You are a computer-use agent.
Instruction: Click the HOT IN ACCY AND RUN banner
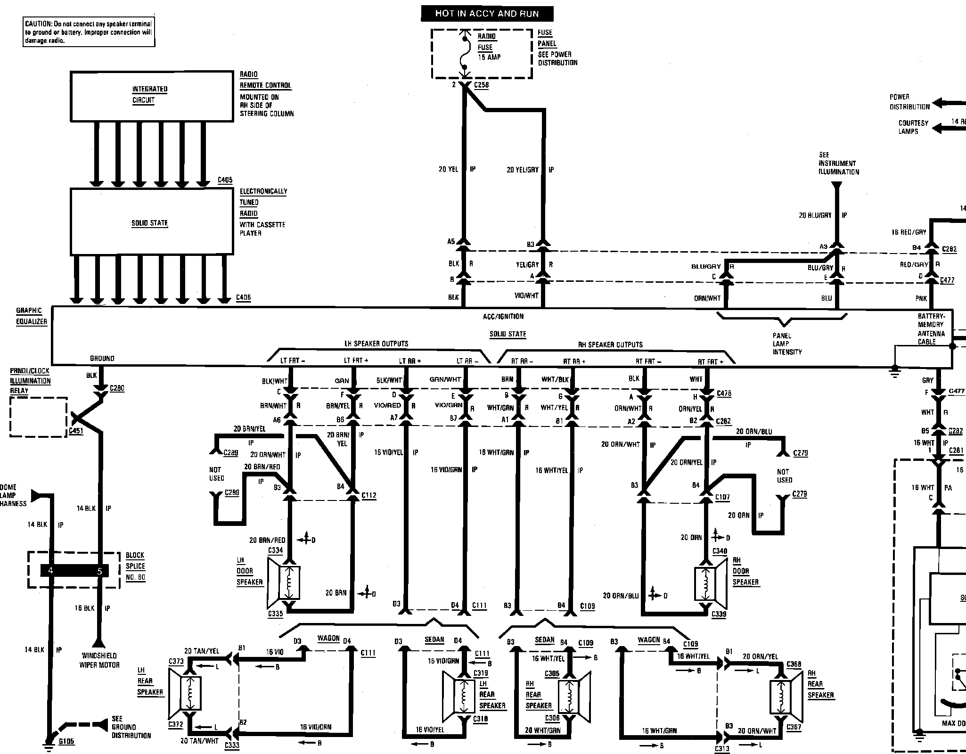(487, 14)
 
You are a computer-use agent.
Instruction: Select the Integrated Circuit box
(152, 96)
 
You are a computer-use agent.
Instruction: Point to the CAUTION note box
(89, 32)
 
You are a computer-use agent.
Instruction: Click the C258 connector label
(481, 85)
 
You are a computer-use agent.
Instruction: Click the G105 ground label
(66, 741)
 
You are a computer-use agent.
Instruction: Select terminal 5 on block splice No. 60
(99, 571)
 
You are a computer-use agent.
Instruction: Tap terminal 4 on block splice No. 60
(51, 571)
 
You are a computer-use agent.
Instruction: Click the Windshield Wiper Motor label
(100, 660)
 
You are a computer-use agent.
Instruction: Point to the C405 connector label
(225, 180)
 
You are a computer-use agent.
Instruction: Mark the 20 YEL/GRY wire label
(523, 170)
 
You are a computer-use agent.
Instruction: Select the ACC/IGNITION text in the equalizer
(503, 317)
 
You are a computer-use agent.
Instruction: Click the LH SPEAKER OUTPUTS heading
(376, 344)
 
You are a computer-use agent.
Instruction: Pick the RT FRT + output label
(711, 361)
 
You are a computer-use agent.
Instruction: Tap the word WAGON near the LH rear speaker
(328, 639)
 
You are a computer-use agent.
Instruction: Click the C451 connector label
(76, 431)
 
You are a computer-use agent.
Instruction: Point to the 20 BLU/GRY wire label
(815, 215)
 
